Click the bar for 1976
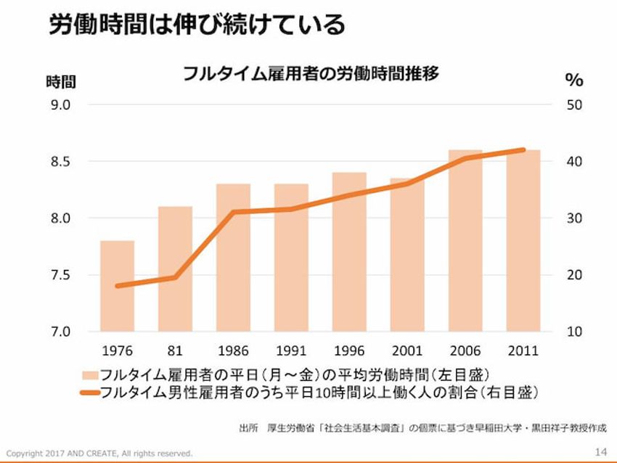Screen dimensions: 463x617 pos(117,286)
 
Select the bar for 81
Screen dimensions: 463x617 pos(175,269)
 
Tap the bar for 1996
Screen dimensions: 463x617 pos(349,252)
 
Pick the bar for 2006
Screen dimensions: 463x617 pos(465,240)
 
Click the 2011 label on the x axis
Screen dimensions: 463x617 pos(523,351)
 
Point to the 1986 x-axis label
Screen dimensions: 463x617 pos(233,351)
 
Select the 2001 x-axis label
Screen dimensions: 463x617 pos(406,351)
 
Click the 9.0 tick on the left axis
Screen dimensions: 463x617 pos(60,105)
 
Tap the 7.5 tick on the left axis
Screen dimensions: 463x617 pos(60,275)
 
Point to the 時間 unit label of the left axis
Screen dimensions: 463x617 pos(61,81)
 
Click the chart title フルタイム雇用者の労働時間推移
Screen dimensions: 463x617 pos(310,74)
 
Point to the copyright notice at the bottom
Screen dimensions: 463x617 pos(99,453)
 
